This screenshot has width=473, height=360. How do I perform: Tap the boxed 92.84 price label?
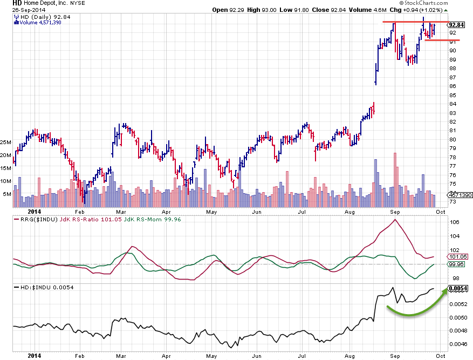click(456, 25)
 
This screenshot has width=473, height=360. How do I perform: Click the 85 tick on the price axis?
click(453, 95)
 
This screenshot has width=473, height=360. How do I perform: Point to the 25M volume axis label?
click(6, 142)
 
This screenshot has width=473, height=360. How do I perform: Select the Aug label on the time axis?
click(348, 212)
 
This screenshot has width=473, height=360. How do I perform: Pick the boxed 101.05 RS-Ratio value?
click(456, 257)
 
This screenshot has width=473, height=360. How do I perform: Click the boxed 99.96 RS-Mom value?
click(456, 264)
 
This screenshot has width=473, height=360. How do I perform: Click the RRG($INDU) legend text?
click(36, 220)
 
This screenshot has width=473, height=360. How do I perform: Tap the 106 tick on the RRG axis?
click(455, 222)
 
